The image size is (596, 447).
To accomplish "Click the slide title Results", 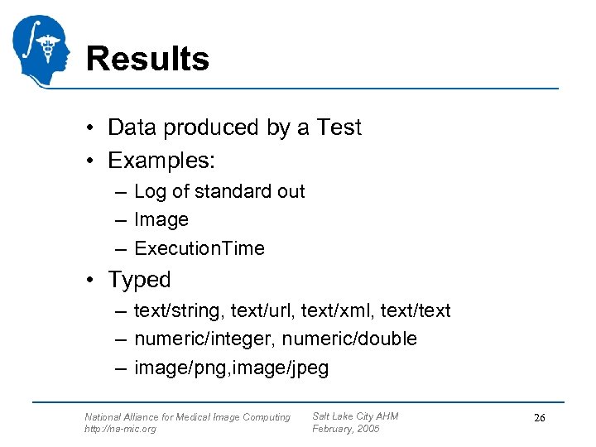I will pyautogui.click(x=147, y=60).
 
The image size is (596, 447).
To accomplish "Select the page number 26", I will pyautogui.click(x=539, y=418).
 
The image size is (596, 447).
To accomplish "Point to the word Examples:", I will pyautogui.click(x=155, y=159).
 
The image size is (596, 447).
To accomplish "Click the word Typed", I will pyautogui.click(x=139, y=280).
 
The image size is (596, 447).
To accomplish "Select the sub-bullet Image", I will pyautogui.click(x=161, y=220).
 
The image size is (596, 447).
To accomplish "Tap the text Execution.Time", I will pyautogui.click(x=199, y=248).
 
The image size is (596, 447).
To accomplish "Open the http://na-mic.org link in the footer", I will pyautogui.click(x=120, y=429).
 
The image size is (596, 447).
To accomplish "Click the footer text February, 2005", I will pyautogui.click(x=345, y=429).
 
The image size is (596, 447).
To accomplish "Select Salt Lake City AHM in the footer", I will pyautogui.click(x=355, y=416).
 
